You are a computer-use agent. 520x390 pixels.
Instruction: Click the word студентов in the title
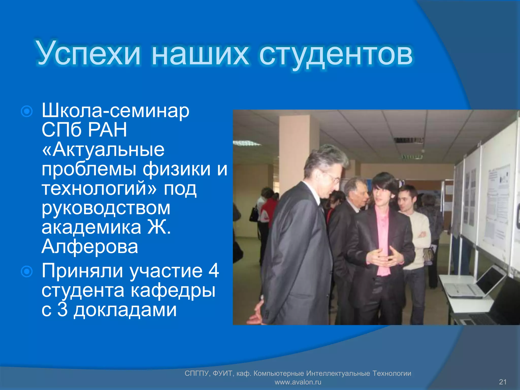[x=336, y=54]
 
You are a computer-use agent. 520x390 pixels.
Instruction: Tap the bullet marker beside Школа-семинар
[x=27, y=111]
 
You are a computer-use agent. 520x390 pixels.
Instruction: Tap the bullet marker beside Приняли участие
[x=27, y=271]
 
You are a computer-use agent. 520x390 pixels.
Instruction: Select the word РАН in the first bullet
[x=107, y=130]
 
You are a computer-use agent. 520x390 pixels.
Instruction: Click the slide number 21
[x=502, y=382]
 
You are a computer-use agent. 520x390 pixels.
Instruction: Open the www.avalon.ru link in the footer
[x=298, y=382]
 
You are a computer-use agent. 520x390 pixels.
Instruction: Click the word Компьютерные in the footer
[x=279, y=373]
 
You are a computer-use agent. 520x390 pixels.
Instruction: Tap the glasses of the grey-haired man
[x=335, y=178]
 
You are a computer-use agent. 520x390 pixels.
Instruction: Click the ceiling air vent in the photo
[x=408, y=140]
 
